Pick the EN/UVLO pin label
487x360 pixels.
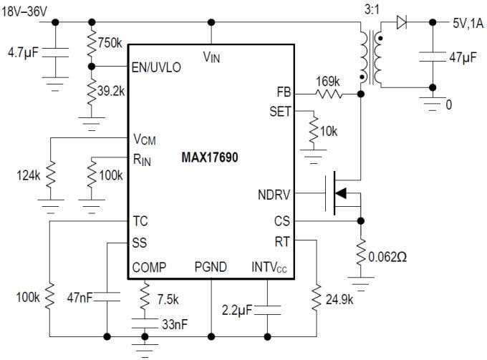[x=156, y=67]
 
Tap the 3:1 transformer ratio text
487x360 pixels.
[x=371, y=10]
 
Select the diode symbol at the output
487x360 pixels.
[x=402, y=23]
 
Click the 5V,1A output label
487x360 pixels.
[x=468, y=23]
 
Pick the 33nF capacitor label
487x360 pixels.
[x=174, y=323]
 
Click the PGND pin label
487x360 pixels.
[x=211, y=268]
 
